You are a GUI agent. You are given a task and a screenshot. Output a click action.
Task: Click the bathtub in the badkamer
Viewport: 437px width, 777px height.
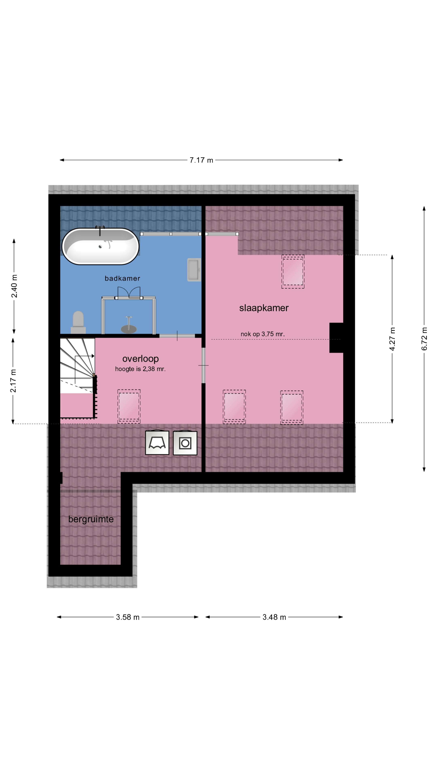(100, 246)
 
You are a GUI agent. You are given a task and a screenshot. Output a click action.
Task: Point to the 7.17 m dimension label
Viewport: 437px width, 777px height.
(201, 160)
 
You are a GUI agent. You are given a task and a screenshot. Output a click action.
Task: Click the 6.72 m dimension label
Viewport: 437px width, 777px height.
(424, 339)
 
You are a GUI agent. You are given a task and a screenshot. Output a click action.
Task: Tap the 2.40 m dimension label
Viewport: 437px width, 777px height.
(14, 286)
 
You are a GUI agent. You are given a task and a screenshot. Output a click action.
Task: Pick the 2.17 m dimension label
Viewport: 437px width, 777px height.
(13, 381)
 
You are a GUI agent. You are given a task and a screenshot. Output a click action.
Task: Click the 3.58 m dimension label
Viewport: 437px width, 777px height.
(128, 617)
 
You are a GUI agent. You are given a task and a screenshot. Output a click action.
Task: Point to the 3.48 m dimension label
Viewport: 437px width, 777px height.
(274, 617)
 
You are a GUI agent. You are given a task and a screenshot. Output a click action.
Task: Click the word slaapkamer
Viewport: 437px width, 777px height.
(264, 308)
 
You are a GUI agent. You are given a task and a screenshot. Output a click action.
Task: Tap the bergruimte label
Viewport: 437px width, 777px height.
(91, 519)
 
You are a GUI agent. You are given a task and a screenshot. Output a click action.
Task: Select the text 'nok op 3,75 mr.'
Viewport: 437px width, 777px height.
(262, 334)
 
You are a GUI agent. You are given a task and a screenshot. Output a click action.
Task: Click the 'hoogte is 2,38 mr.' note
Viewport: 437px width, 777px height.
(140, 369)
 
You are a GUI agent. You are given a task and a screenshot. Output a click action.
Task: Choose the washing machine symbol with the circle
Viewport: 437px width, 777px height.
(185, 443)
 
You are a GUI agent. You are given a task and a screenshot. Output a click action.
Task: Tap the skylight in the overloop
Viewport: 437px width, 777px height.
(129, 406)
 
